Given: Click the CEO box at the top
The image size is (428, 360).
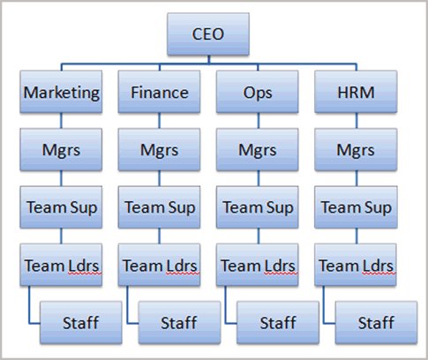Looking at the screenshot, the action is point(208,34).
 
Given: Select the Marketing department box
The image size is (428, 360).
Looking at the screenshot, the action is point(61,92).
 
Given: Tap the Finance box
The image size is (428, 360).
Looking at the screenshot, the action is point(159,92).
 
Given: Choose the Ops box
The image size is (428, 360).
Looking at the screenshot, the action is point(258,92).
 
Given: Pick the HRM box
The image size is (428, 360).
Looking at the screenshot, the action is point(356,92).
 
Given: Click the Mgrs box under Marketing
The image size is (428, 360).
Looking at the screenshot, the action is point(61,149).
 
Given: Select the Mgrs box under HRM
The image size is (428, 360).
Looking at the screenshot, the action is point(356,149).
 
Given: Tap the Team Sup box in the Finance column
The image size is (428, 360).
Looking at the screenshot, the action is point(159,207).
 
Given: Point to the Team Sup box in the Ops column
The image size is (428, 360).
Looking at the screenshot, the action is point(258,207).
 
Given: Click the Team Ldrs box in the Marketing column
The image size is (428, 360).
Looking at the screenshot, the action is point(61,265).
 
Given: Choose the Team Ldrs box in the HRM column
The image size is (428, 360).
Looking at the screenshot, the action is point(356,265).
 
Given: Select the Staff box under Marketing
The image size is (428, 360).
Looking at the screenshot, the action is point(81,322).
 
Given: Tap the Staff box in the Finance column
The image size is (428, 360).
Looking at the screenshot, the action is point(179,322).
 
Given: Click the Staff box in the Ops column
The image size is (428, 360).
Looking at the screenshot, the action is point(278,322).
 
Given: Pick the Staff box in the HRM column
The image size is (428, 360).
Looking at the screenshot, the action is point(376,322).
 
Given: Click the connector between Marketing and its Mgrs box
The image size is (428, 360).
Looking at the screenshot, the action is point(61,121).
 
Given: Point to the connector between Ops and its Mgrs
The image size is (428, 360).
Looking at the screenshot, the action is point(259,121).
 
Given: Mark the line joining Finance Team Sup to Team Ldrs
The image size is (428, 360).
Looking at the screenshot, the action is point(160,236).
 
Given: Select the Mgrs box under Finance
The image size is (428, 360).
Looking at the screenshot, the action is point(159,149).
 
